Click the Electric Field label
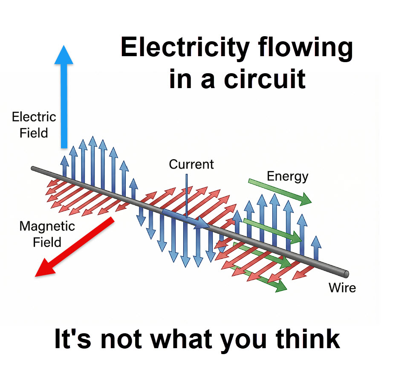point(34,125)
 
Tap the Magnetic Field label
point(47,234)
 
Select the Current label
point(191,164)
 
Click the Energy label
point(287,176)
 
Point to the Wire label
point(342,288)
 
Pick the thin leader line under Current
point(186,192)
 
